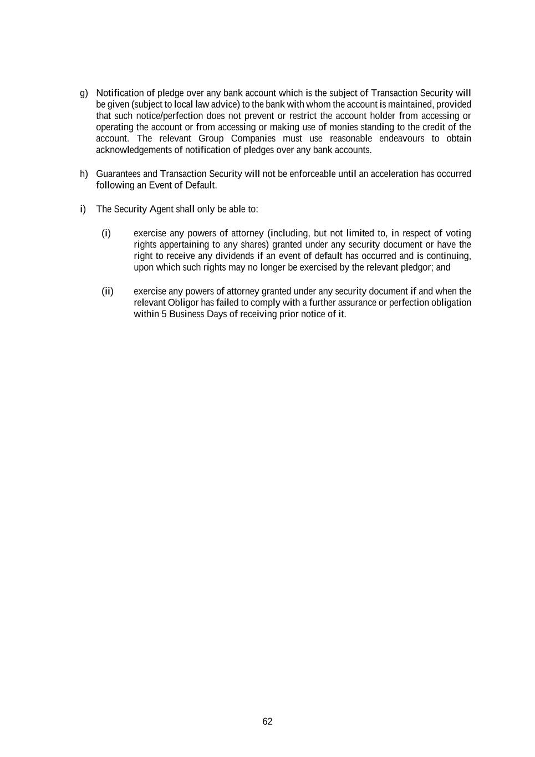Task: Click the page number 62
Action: [x=267, y=722]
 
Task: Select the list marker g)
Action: [x=84, y=93]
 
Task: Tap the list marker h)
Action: [x=84, y=174]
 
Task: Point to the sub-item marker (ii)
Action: [x=107, y=292]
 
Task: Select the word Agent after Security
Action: [x=161, y=210]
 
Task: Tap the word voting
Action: [x=458, y=233]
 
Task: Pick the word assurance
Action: [x=354, y=303]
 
